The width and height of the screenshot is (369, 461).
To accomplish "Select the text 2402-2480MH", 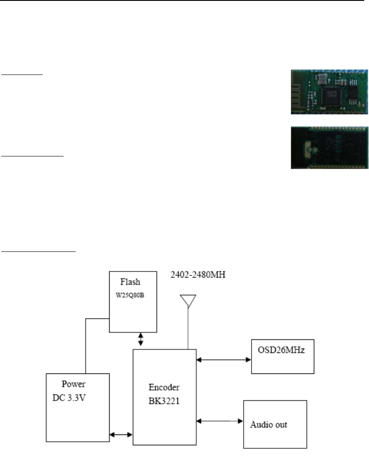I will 197,275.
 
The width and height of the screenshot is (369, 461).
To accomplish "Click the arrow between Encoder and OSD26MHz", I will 224,360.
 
